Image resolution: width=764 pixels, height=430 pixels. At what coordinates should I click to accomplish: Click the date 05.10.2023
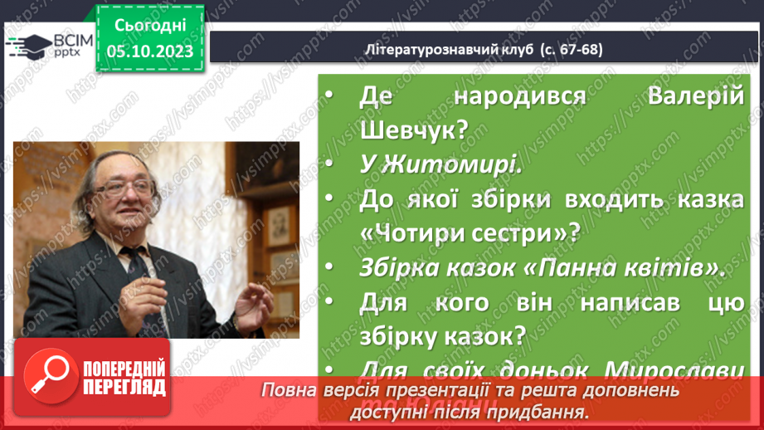click(x=149, y=51)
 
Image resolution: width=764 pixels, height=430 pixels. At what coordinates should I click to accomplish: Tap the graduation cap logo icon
click(x=27, y=45)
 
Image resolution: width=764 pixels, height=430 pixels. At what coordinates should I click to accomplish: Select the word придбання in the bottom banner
click(x=543, y=410)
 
